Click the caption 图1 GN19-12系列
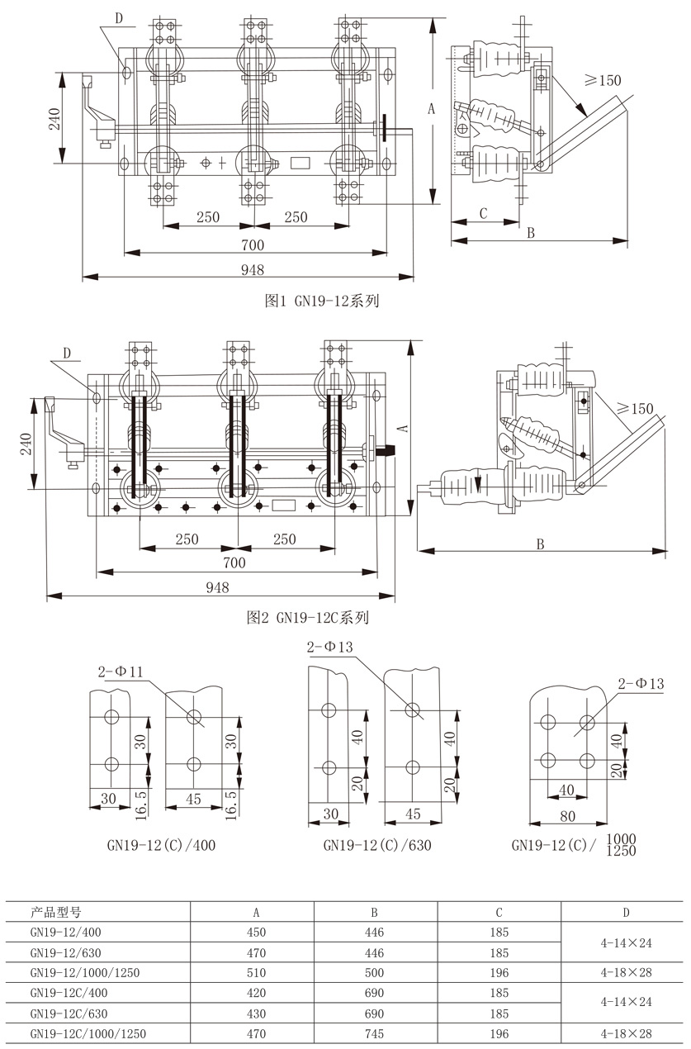click(321, 301)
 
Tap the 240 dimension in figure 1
click(54, 120)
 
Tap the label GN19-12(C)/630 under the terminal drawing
click(377, 845)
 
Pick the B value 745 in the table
click(374, 1033)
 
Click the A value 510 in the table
click(257, 973)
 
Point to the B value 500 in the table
click(374, 973)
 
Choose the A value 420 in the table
click(257, 993)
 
